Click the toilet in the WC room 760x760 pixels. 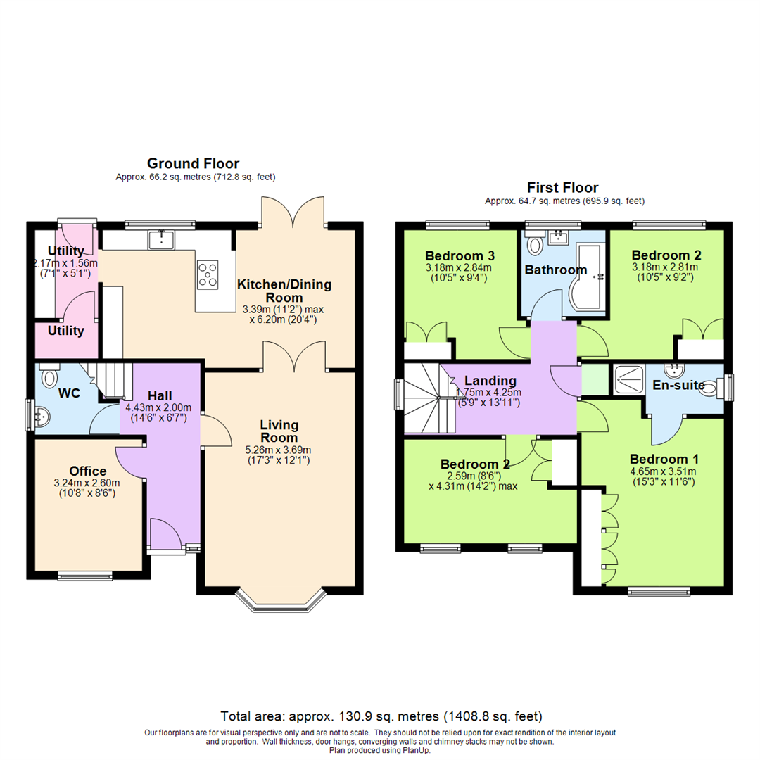point(49,379)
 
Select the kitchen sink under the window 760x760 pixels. point(163,240)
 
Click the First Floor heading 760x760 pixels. point(562,188)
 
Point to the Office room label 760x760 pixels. point(88,471)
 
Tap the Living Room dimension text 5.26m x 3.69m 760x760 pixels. point(279,450)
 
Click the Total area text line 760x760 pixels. point(381,716)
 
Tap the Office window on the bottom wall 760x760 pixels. point(85,574)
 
